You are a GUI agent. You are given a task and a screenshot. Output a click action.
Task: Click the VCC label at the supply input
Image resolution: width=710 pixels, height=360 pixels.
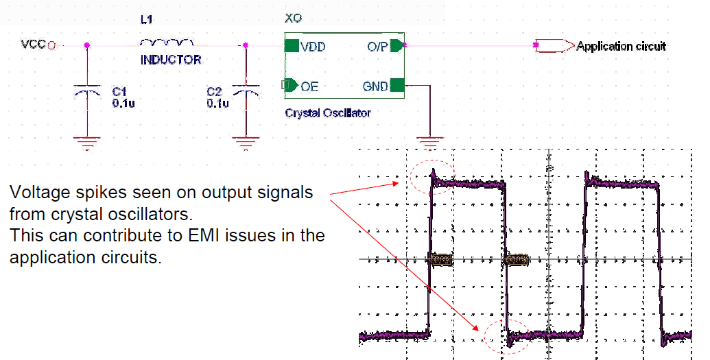point(33,45)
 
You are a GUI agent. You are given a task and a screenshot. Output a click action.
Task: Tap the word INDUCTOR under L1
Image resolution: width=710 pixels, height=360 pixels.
point(171,60)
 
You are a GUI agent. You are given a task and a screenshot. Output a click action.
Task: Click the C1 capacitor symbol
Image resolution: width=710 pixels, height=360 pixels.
point(87,90)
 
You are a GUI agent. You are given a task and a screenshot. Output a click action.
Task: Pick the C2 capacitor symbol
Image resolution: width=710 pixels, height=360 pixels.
point(246,90)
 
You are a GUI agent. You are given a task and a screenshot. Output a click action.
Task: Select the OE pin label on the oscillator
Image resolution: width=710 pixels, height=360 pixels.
point(309,86)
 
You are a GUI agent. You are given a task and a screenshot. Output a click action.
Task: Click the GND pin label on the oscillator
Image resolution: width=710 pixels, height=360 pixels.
point(376,86)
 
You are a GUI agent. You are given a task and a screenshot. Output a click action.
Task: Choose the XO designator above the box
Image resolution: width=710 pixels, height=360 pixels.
point(293,18)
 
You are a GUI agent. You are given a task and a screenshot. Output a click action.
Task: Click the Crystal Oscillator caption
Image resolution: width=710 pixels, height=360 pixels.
point(327,112)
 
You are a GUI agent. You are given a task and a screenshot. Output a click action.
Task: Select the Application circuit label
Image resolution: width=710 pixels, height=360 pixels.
point(621,47)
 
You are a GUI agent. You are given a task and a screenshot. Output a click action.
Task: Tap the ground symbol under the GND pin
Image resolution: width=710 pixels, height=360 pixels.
point(430,143)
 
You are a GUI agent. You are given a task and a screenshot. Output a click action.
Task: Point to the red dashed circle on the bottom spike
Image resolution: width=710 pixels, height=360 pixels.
point(507,336)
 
